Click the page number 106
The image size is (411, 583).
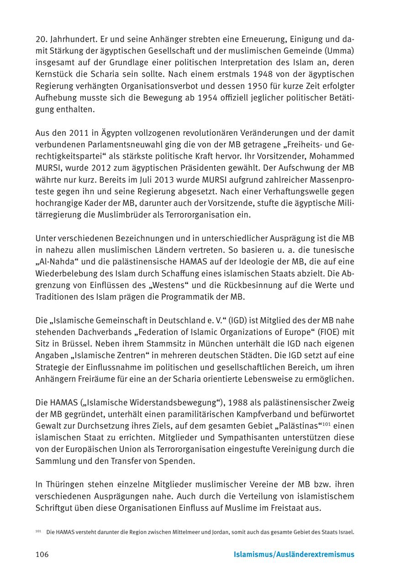pyautogui.click(x=42, y=555)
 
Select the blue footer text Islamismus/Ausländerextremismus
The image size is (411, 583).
pyautogui.click(x=294, y=555)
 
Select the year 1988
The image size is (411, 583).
pyautogui.click(x=241, y=403)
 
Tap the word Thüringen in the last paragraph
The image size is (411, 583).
pyautogui.click(x=63, y=484)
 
